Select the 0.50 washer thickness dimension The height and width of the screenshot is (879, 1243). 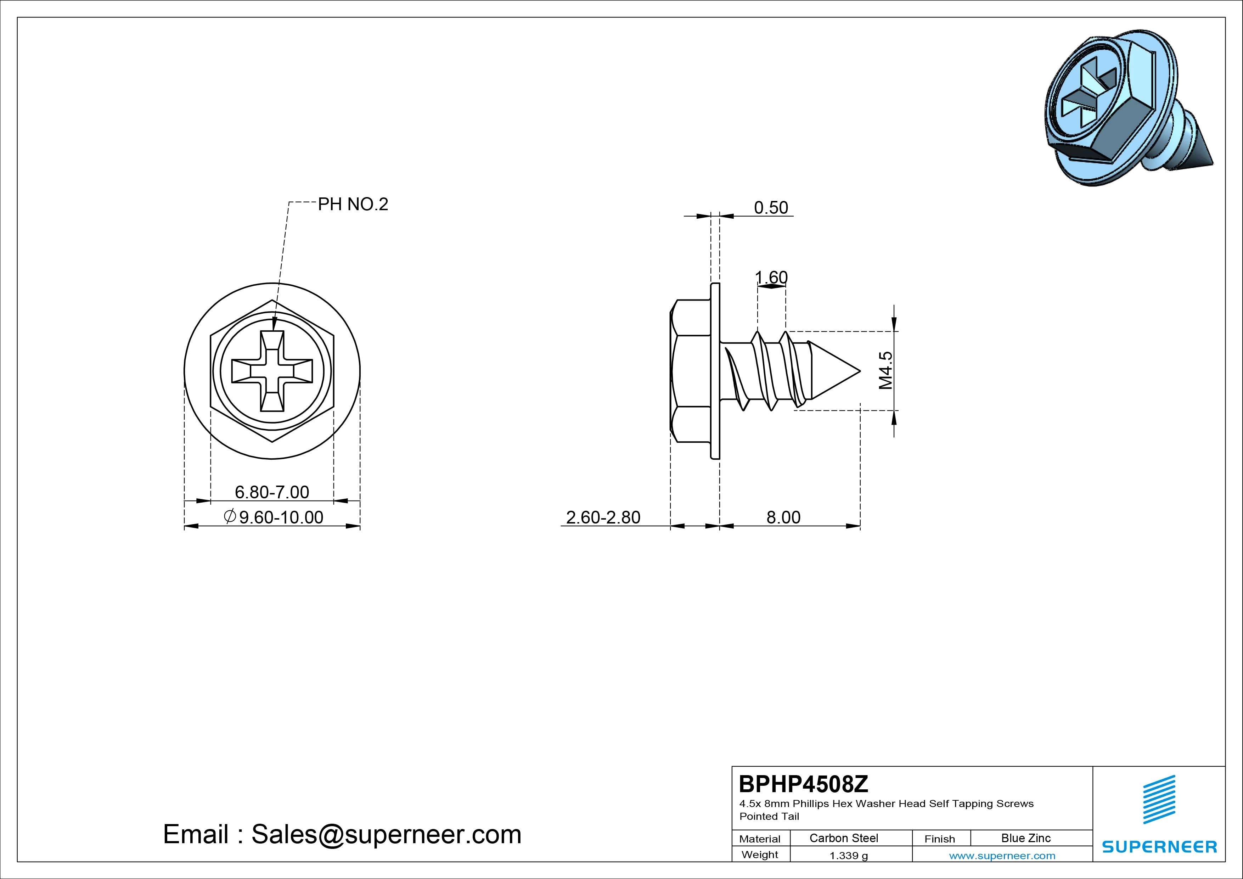click(x=771, y=207)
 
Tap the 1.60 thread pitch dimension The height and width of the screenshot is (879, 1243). click(x=771, y=277)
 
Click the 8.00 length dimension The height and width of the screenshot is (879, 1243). click(x=783, y=517)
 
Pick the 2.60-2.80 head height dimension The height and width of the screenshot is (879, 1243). click(x=603, y=517)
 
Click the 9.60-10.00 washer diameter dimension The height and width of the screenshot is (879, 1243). click(x=274, y=517)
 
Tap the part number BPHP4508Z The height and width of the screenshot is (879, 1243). click(x=803, y=784)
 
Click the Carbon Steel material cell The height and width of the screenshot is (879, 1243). click(x=843, y=838)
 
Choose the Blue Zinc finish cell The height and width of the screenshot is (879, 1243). click(x=1026, y=838)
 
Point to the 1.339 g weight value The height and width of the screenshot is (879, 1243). click(x=848, y=856)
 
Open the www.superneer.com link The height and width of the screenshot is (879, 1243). click(x=1002, y=856)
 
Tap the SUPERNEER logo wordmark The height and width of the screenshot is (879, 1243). click(x=1159, y=846)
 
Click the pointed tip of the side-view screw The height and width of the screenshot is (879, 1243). click(x=860, y=371)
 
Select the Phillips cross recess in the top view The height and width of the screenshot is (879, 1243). click(x=272, y=371)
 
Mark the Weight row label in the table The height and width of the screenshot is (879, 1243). click(x=760, y=855)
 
